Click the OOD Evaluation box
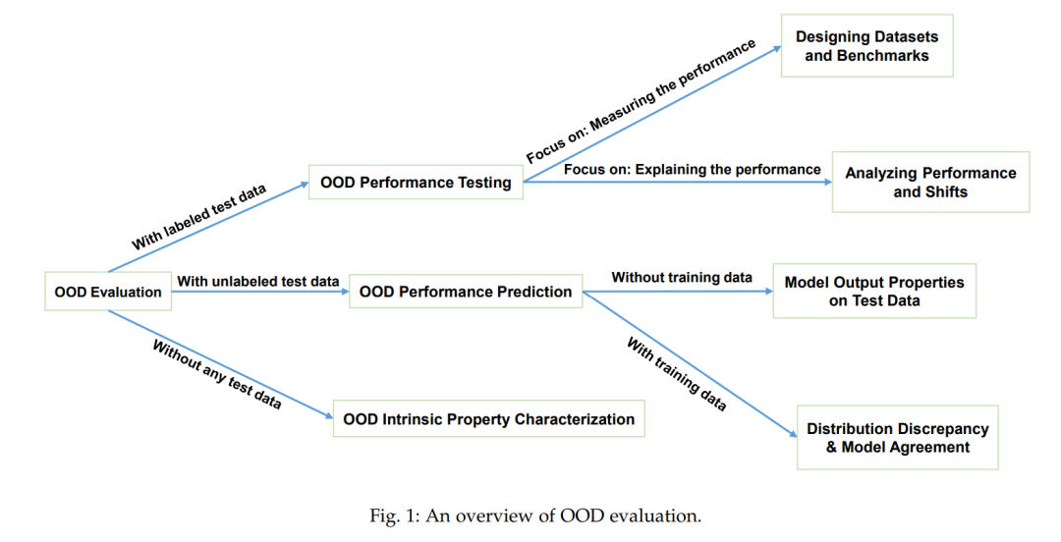pyautogui.click(x=108, y=292)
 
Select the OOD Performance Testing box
pyautogui.click(x=416, y=182)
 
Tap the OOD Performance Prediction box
pyautogui.click(x=466, y=292)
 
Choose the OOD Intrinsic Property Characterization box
pyautogui.click(x=488, y=419)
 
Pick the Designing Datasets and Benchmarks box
pyautogui.click(x=866, y=46)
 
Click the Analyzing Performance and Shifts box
pyautogui.click(x=930, y=182)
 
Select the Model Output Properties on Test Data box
pyautogui.click(x=874, y=291)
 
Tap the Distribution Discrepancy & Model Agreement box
pyautogui.click(x=897, y=438)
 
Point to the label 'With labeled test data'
pyautogui.click(x=198, y=217)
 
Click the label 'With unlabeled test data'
pyautogui.click(x=257, y=281)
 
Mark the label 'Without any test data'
pyautogui.click(x=216, y=374)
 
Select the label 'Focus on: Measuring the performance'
pyautogui.click(x=641, y=101)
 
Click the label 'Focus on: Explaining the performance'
pyautogui.click(x=693, y=169)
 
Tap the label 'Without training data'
pyautogui.click(x=682, y=278)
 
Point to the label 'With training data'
pyautogui.click(x=676, y=374)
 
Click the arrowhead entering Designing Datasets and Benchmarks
pyautogui.click(x=777, y=49)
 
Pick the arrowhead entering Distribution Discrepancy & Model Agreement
pyautogui.click(x=793, y=434)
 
